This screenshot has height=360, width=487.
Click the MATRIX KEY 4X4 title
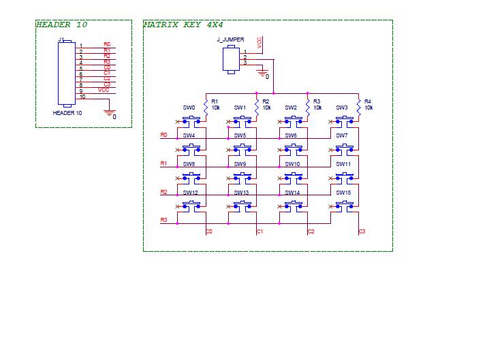183,24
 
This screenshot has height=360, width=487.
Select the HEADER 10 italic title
62,24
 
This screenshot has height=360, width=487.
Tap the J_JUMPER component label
230,39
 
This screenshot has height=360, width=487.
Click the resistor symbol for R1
206,108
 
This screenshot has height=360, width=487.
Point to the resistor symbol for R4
359,108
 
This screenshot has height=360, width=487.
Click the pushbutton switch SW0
191,122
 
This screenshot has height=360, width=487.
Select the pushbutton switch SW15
345,206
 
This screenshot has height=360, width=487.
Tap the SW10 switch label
292,164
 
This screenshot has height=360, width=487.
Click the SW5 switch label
240,135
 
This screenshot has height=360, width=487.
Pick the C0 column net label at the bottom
209,231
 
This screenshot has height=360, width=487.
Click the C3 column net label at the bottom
362,231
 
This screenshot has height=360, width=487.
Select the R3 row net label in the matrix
163,220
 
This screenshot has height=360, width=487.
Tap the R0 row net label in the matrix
163,135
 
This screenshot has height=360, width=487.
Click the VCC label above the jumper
260,42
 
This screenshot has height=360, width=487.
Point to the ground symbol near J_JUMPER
262,73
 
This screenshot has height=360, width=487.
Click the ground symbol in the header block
110,113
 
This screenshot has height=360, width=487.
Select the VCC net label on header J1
104,90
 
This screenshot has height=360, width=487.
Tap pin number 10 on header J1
82,97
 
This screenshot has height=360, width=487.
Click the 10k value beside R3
317,108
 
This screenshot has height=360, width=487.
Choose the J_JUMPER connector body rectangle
231,59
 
